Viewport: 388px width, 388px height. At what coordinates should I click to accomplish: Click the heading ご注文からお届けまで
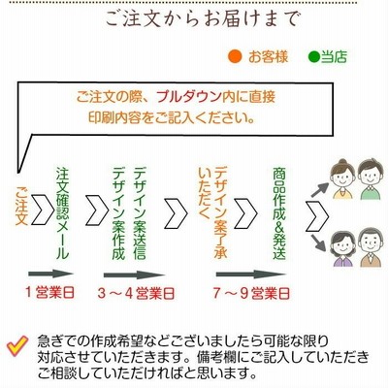[x=202, y=19]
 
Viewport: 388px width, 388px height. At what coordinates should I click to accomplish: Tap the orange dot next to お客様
[x=235, y=57]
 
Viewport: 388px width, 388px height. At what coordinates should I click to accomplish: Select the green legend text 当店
[x=334, y=57]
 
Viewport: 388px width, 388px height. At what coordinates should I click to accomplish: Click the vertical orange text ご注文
[x=21, y=206]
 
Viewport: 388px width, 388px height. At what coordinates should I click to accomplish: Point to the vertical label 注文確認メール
[x=63, y=213]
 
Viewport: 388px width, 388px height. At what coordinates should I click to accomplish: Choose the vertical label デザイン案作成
[x=118, y=213]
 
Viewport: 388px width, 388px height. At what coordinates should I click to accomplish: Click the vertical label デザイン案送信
[x=140, y=213]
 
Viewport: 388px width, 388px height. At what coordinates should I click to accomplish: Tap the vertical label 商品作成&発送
[x=279, y=213]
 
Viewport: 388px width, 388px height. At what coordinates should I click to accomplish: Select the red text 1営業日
[x=50, y=293]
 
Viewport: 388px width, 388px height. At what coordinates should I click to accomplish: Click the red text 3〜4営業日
[x=136, y=294]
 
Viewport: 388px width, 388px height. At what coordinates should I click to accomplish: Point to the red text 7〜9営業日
[x=251, y=294]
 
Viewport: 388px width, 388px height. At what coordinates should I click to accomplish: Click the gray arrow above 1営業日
[x=51, y=274]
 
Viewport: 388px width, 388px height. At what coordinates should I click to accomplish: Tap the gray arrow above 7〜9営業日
[x=251, y=275]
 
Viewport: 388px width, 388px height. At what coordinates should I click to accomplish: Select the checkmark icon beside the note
[x=17, y=345]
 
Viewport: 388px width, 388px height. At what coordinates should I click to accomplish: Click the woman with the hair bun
[x=342, y=178]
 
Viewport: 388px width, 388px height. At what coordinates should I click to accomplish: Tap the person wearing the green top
[x=371, y=179]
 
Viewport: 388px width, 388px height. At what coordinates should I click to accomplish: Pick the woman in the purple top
[x=342, y=248]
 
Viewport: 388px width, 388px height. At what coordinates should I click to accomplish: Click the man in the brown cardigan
[x=372, y=247]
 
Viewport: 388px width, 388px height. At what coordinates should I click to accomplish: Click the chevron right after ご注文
[x=43, y=210]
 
